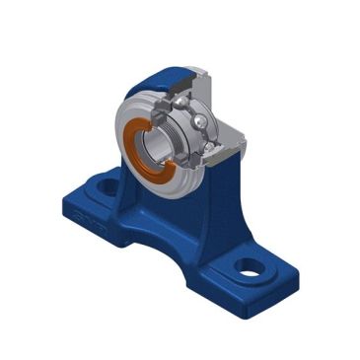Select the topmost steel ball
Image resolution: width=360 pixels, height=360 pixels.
click(183, 102)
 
